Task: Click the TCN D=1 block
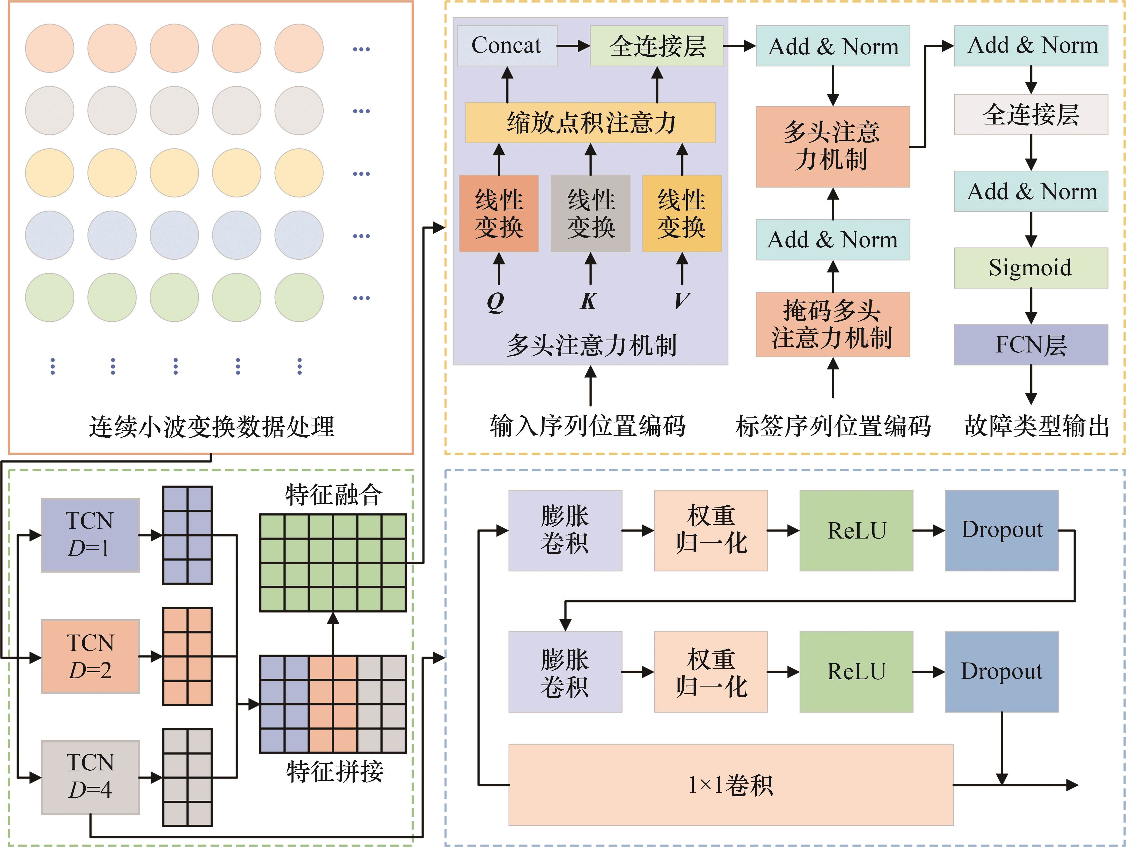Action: pyautogui.click(x=90, y=535)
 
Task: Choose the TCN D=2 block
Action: pyautogui.click(x=90, y=656)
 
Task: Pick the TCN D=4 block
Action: pyautogui.click(x=90, y=777)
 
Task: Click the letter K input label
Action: pyautogui.click(x=588, y=301)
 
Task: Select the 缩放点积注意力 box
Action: pyautogui.click(x=590, y=123)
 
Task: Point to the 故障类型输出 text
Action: pyautogui.click(x=1036, y=426)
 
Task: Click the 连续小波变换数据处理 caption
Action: pyautogui.click(x=211, y=426)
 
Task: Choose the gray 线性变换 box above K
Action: pyautogui.click(x=590, y=213)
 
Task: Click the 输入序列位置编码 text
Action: pyautogui.click(x=588, y=426)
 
